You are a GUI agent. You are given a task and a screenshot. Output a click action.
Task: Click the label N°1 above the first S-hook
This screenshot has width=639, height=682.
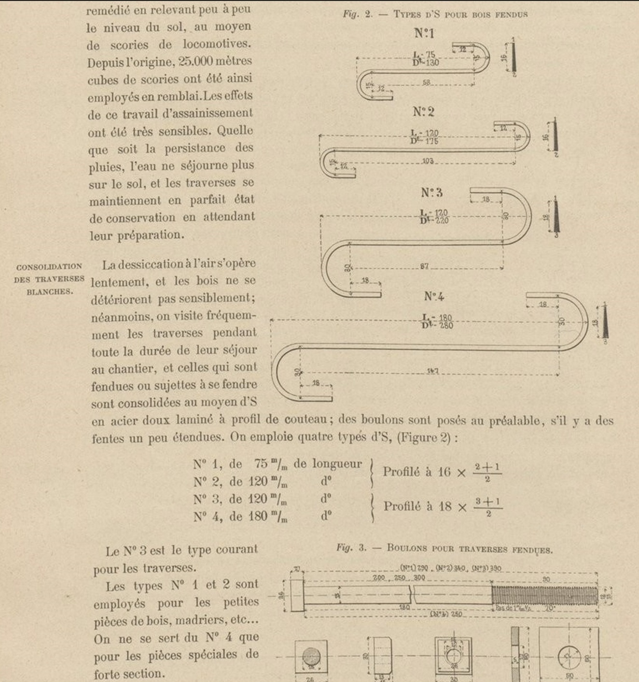click(424, 33)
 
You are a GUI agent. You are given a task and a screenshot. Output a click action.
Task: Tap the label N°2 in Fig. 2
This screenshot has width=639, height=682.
click(423, 112)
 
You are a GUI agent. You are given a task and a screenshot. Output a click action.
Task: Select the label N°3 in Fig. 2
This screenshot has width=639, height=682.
click(431, 193)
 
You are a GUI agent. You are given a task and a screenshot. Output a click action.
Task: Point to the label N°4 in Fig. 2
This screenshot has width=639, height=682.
click(434, 297)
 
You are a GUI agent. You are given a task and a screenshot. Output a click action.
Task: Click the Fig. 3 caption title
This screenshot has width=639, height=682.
click(445, 548)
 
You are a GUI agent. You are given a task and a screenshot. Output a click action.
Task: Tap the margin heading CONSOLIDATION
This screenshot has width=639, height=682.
click(49, 267)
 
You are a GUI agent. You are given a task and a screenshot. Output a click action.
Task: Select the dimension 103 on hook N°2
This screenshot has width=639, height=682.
click(428, 161)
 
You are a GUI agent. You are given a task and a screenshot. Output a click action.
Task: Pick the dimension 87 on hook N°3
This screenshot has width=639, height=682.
click(424, 266)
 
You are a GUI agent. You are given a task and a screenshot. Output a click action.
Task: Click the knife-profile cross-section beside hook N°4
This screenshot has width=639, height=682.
click(605, 322)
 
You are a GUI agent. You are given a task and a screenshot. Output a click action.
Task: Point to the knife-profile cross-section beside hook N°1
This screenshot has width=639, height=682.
click(514, 57)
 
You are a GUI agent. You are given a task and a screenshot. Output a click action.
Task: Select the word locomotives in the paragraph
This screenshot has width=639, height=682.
click(217, 44)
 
